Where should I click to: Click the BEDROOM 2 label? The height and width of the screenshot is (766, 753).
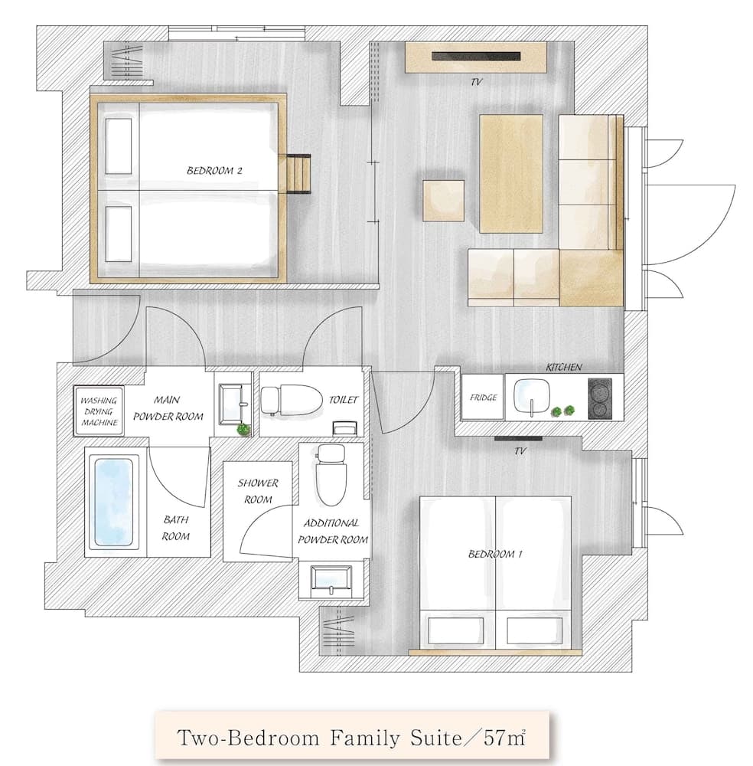coord(214,171)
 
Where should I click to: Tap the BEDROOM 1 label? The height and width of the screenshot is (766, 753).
coord(494,554)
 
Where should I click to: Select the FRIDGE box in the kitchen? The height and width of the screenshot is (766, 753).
coord(484,398)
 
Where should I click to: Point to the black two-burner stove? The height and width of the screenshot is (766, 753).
coord(600,398)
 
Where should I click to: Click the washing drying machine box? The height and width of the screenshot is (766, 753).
coord(99,411)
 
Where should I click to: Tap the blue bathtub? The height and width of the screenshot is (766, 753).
coord(114,501)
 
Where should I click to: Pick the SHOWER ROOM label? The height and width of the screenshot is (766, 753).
coord(257,491)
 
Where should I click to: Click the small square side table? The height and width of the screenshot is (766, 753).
coord(444,200)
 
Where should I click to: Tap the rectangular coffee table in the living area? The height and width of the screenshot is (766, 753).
coord(511,172)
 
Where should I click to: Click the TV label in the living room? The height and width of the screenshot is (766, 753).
coord(478,80)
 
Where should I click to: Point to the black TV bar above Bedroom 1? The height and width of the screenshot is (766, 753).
coord(518,439)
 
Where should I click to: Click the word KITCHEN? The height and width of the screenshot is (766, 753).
coord(564,368)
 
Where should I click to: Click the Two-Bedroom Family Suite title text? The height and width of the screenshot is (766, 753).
coord(351,738)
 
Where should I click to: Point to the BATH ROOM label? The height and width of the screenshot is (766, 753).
coord(175,528)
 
